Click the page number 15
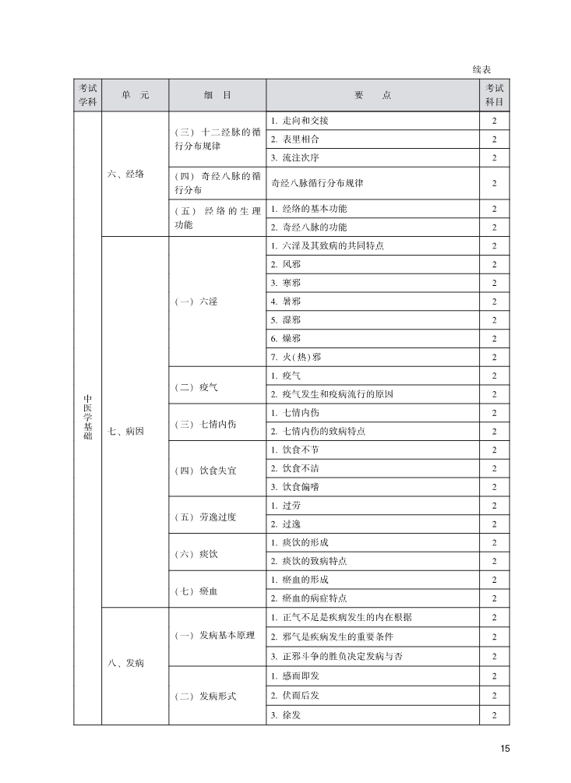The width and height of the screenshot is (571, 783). (505, 749)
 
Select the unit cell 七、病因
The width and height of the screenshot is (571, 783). (125, 431)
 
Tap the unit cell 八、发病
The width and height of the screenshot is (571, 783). (125, 663)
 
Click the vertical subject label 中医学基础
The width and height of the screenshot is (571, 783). (87, 418)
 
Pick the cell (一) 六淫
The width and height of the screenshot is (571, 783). (196, 302)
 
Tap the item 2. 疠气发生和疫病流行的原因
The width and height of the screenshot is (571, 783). (332, 394)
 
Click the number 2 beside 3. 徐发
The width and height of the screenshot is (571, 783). (494, 715)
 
